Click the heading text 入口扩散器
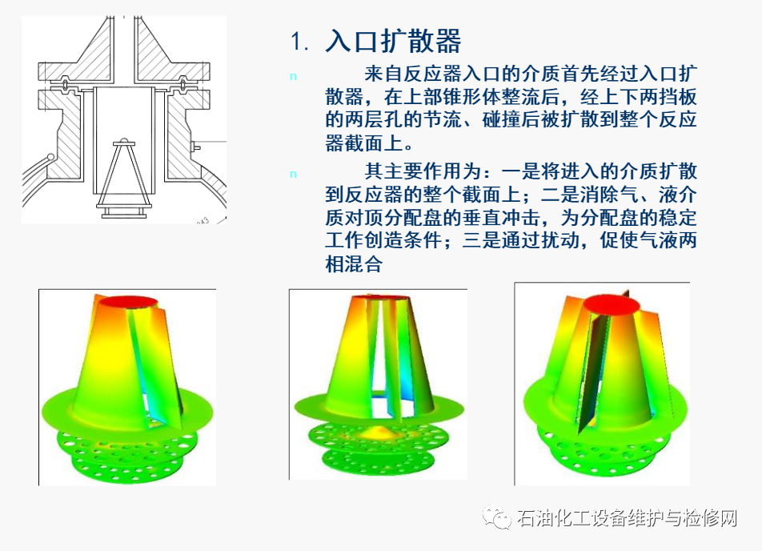(x=393, y=40)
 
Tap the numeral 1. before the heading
(x=299, y=42)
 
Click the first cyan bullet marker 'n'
(x=293, y=76)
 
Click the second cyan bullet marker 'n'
(x=293, y=174)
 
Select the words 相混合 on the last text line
(x=354, y=264)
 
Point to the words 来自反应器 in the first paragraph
(x=413, y=74)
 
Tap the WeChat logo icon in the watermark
(x=496, y=517)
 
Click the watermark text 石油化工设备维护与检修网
(x=627, y=517)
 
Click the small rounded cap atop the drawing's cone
(x=124, y=141)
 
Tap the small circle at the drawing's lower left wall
(x=51, y=158)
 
